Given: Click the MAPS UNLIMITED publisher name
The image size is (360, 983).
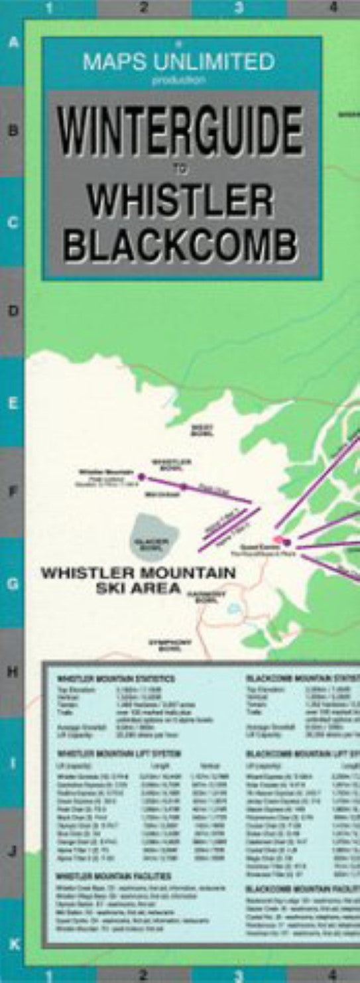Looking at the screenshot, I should [178, 62].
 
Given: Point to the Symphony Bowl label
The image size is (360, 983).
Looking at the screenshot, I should [170, 643].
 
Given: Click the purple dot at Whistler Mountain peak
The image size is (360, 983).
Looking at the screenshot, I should [141, 476].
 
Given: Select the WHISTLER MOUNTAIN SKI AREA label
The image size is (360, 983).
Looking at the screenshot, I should [138, 579].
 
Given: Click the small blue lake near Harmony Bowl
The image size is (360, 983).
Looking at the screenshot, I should [233, 608].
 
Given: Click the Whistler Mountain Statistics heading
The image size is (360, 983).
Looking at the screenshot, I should [116, 679].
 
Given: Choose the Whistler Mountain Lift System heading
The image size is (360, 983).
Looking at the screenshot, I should [119, 754].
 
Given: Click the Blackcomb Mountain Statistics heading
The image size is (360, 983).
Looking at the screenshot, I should [302, 679].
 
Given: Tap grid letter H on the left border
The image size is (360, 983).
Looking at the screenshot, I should [12, 672].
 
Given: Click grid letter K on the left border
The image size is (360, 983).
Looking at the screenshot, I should [12, 942].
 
